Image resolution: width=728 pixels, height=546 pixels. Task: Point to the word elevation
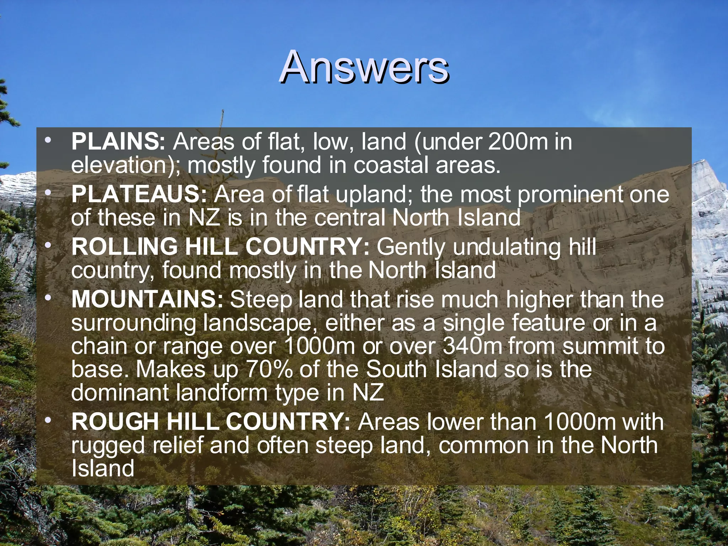pyautogui.click(x=117, y=165)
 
